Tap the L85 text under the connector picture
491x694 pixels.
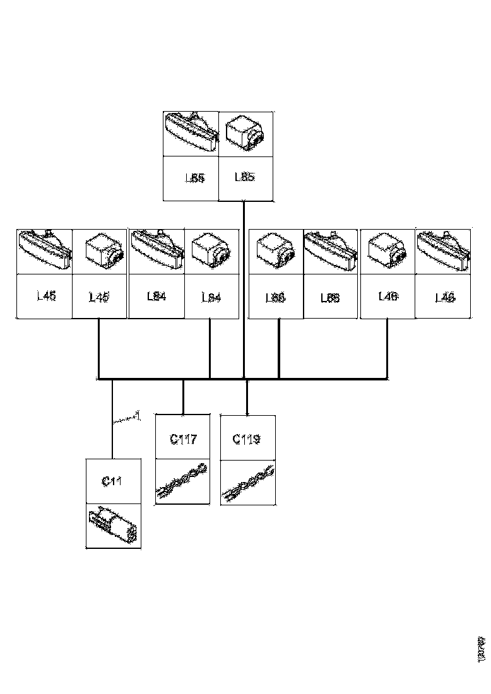(245, 177)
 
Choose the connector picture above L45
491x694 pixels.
(100, 251)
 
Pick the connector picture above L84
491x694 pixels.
(211, 251)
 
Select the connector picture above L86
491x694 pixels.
(275, 251)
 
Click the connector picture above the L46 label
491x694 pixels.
(387, 251)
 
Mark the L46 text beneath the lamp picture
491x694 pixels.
(445, 297)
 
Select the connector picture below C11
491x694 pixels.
(113, 526)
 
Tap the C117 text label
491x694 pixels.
(183, 438)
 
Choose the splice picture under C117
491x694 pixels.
(182, 482)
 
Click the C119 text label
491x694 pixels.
(246, 438)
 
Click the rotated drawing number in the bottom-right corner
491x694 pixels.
(482, 649)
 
